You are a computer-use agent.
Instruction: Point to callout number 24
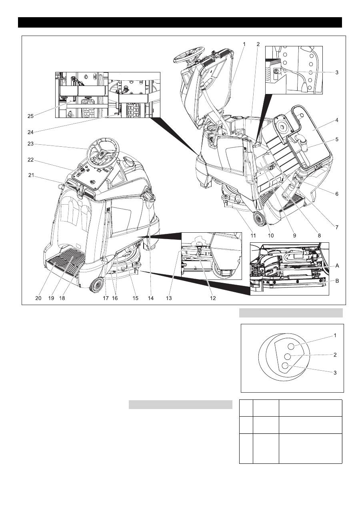(31, 130)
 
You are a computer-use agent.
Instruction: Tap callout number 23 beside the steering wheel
(31, 144)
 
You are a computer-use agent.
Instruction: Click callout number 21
(31, 175)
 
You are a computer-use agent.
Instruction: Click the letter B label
(337, 281)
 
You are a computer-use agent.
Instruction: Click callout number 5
(337, 140)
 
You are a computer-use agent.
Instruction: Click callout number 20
(38, 298)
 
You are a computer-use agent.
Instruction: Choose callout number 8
(319, 236)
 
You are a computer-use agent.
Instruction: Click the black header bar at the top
(180, 22)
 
